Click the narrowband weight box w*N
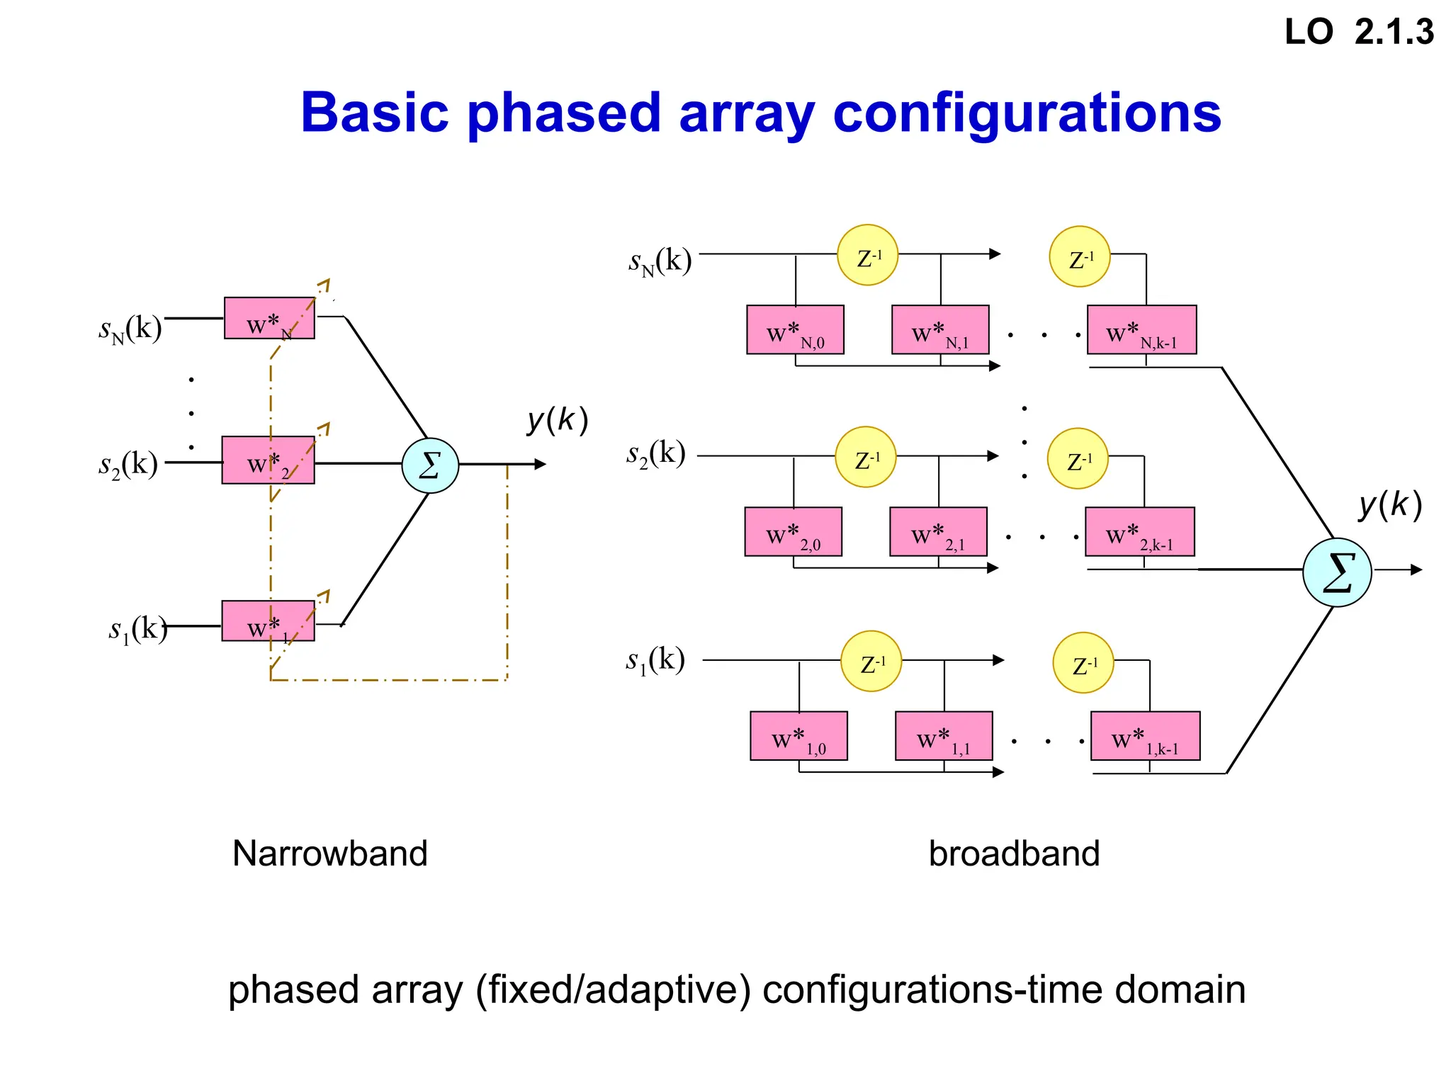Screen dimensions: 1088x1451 (269, 318)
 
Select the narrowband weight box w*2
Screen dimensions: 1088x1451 (268, 460)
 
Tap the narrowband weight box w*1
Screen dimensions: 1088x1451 (268, 621)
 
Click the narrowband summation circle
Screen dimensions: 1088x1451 (430, 465)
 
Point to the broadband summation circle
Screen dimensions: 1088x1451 (1337, 572)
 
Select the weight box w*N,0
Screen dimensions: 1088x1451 (795, 330)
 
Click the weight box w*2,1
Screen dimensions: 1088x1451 (938, 532)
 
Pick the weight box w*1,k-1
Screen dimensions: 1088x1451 (1145, 736)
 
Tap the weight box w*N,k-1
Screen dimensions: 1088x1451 (1141, 330)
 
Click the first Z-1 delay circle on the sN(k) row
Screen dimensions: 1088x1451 (867, 255)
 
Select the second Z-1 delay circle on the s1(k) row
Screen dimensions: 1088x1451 (1083, 663)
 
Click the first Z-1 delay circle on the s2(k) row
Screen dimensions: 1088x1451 (865, 458)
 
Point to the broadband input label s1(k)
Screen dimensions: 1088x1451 (655, 661)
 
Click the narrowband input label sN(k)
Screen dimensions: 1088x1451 (130, 330)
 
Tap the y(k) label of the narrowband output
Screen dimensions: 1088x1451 (558, 421)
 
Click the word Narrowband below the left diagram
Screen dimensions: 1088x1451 (329, 854)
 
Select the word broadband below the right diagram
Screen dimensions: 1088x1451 (1014, 854)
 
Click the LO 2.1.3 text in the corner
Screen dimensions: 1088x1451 (1359, 32)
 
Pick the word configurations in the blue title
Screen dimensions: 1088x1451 (1027, 113)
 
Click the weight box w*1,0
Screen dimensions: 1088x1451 (798, 736)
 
